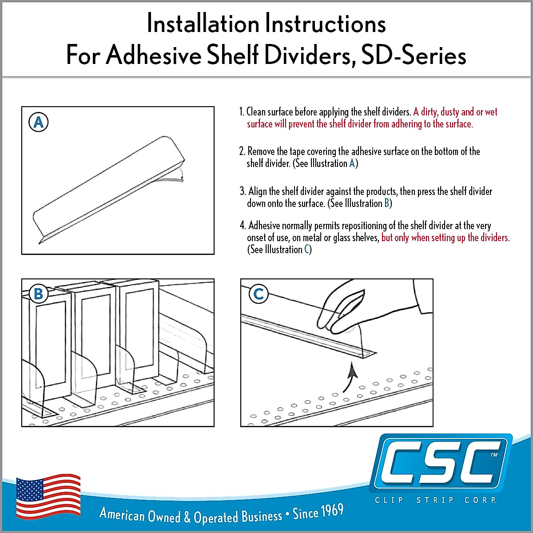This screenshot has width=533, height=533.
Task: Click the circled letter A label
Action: click(x=39, y=122)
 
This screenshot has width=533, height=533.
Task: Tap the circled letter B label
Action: click(x=39, y=294)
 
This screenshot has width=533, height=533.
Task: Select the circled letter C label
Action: click(x=259, y=294)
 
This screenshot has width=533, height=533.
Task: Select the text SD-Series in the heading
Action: click(x=414, y=56)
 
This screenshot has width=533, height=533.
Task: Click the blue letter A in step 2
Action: click(x=352, y=163)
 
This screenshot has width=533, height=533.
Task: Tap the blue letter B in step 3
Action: click(x=386, y=203)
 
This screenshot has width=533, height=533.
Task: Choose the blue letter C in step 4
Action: click(x=306, y=250)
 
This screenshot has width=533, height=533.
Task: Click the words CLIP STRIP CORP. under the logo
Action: click(x=435, y=500)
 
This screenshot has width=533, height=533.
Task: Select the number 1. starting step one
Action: click(x=242, y=111)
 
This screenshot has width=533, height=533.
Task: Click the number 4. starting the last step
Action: click(x=243, y=226)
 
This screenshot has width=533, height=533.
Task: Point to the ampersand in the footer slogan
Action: click(x=187, y=517)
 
